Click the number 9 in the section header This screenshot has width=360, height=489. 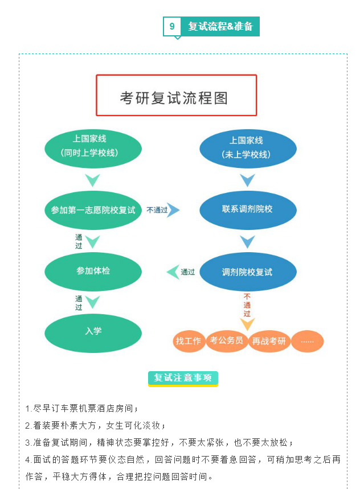pos(172,26)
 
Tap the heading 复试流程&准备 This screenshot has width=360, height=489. pos(220,26)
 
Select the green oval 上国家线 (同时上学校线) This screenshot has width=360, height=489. pos(92,147)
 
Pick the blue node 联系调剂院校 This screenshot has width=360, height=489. pos(248,209)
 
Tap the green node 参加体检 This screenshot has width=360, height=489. pos(93,271)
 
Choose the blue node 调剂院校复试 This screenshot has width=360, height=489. pos(248,272)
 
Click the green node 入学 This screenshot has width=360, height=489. pos(93,331)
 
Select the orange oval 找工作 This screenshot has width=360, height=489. pos(188,341)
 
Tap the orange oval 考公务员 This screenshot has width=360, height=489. pos(227,341)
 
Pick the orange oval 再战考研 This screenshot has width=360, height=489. pos(269,342)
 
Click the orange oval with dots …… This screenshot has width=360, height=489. pos(307,342)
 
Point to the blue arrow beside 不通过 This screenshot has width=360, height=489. pos(173,210)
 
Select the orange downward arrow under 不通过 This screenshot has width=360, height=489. pos(247,324)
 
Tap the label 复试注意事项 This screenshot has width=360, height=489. pos(183,378)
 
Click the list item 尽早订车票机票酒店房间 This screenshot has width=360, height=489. pos(82,409)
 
